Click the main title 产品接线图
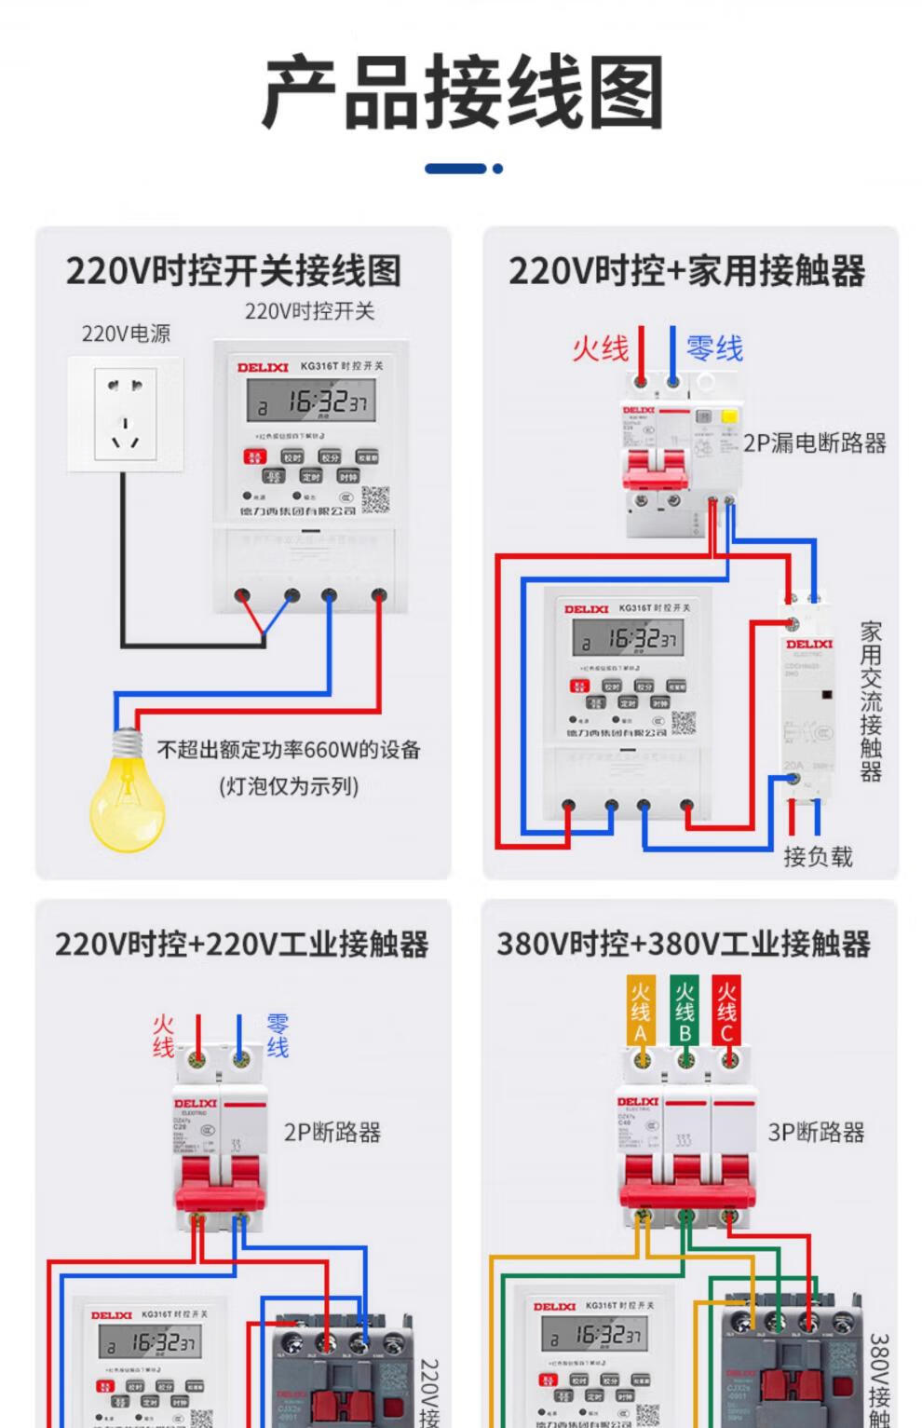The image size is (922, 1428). click(x=462, y=92)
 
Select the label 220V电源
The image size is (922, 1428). click(x=126, y=333)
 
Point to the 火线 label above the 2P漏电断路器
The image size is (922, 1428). click(x=600, y=348)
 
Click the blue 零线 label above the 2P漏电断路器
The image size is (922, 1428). click(x=714, y=348)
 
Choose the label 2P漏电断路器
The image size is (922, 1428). click(x=814, y=443)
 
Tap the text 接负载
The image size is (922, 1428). click(x=818, y=856)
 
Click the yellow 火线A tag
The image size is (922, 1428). click(x=640, y=1010)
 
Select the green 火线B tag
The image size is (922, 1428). click(x=685, y=1010)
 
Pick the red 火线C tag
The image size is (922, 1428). click(x=726, y=1010)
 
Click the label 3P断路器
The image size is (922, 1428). click(x=816, y=1133)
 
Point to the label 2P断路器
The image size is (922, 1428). click(x=332, y=1133)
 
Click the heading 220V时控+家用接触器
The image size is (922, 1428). click(x=686, y=272)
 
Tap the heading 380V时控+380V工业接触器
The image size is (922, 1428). click(x=683, y=945)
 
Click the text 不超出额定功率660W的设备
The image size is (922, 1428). click(x=289, y=750)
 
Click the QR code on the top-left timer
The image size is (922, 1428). click(x=375, y=499)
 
